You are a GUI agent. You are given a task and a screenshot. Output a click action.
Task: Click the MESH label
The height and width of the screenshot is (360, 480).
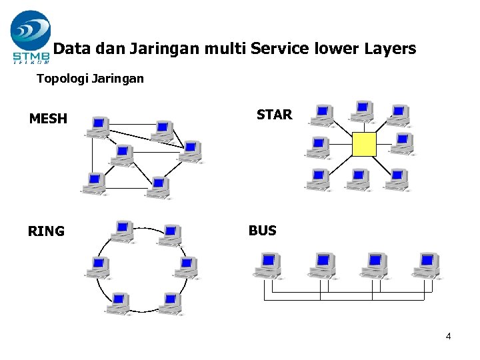(x=48, y=119)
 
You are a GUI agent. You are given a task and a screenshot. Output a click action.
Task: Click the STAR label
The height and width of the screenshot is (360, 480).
(x=274, y=115)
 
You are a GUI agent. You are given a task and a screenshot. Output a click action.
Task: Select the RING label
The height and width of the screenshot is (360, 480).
(x=46, y=231)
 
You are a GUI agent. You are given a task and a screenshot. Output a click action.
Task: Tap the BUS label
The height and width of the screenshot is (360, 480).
(x=262, y=231)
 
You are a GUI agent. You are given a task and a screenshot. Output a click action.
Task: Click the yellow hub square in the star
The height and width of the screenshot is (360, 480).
(x=364, y=144)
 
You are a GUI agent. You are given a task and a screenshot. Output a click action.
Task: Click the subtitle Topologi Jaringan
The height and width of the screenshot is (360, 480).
(x=90, y=79)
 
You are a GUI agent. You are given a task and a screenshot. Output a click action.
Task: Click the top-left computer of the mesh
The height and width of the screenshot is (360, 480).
(x=99, y=126)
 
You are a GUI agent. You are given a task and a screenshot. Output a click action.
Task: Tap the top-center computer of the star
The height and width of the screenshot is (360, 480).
(x=363, y=111)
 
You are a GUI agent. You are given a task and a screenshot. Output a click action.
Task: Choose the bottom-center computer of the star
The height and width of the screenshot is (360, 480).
(x=359, y=179)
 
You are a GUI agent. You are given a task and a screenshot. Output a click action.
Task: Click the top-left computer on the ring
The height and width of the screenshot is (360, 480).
(x=122, y=232)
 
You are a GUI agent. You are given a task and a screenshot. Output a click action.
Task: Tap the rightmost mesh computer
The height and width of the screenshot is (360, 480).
(x=191, y=151)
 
